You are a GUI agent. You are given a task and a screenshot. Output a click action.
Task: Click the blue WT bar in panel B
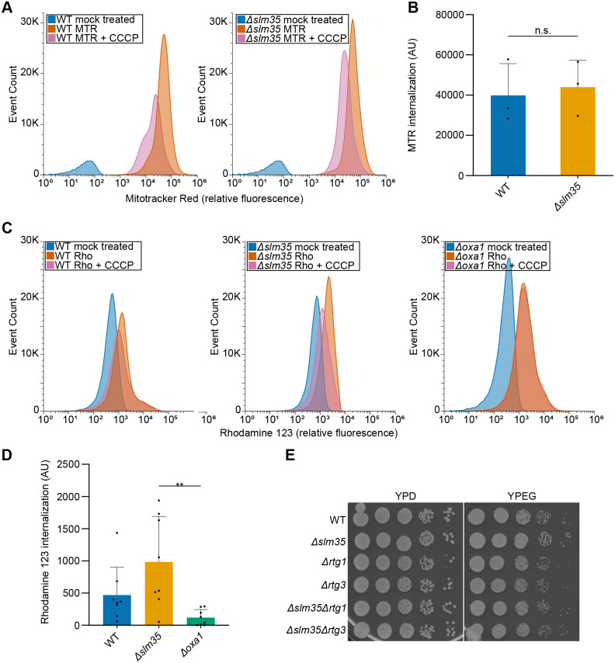click(508, 135)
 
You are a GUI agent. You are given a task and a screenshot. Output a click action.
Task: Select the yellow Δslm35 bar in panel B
click(578, 131)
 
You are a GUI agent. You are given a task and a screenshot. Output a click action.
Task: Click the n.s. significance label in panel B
click(543, 31)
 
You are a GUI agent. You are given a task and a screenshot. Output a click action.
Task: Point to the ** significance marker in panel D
click(179, 484)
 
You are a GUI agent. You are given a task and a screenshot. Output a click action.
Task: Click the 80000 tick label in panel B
click(450, 15)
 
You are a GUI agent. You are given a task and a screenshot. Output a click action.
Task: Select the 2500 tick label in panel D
click(68, 464)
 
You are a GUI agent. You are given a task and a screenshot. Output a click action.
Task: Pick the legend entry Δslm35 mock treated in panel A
click(290, 20)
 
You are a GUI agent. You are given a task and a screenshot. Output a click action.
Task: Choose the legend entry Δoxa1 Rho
click(477, 256)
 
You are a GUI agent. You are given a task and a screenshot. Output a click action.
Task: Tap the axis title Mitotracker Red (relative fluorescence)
click(214, 198)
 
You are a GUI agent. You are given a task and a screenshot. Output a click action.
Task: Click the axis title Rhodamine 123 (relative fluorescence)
click(309, 433)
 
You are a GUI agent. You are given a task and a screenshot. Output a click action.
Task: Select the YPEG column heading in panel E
click(522, 496)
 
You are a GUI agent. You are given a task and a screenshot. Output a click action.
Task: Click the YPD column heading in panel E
click(405, 496)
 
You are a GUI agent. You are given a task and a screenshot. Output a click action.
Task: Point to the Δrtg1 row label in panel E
click(334, 562)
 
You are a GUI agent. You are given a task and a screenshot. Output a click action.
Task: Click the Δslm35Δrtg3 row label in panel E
click(316, 630)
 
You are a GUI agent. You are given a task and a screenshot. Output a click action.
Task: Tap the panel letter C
click(7, 227)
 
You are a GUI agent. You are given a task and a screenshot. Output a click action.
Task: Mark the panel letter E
click(290, 455)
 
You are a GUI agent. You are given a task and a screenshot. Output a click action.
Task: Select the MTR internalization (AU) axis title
click(412, 95)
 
